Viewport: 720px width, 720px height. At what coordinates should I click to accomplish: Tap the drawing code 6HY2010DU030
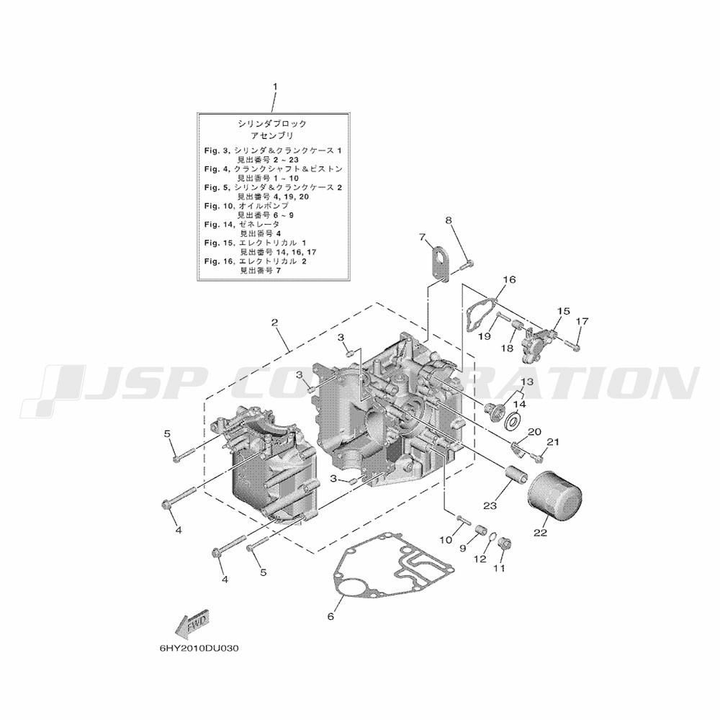pos(199,648)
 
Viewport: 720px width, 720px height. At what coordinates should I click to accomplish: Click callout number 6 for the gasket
pos(330,616)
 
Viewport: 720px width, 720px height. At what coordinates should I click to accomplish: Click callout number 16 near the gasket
pos(509,279)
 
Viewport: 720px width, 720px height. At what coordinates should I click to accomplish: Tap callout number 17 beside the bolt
pos(582,320)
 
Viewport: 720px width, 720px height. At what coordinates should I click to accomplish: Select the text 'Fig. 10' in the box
pos(217,206)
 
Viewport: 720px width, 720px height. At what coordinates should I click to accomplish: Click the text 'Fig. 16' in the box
pos(217,261)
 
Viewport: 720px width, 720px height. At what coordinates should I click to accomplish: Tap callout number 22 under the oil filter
pos(540,533)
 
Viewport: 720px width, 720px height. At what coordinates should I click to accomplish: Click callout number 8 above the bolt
pos(448,220)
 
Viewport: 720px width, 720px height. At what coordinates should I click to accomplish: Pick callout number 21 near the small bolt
pos(553,441)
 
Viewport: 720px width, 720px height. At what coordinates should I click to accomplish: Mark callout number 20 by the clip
pos(534,432)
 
